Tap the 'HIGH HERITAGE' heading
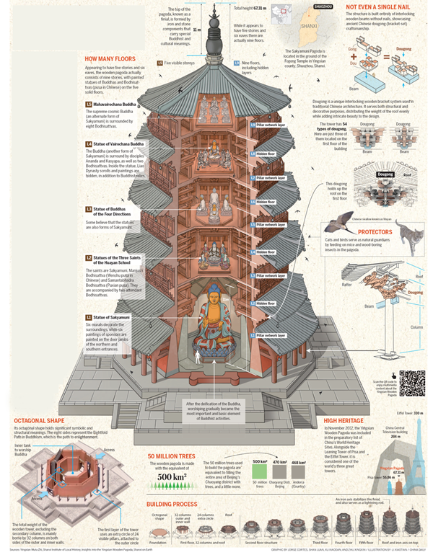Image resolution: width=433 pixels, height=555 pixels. (348, 419)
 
